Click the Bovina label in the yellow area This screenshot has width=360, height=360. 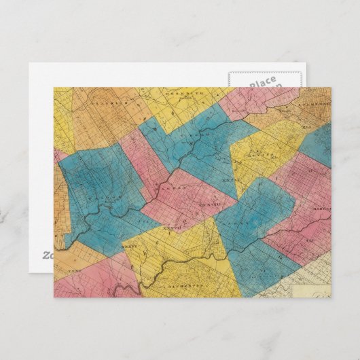point(261,157)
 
